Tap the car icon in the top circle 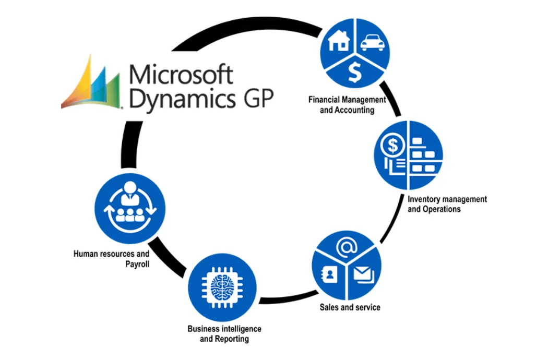(373, 42)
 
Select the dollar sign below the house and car (355, 73)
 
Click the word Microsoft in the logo (181, 75)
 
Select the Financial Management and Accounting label (347, 104)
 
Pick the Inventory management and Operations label (447, 204)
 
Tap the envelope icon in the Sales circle (363, 273)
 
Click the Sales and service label (350, 307)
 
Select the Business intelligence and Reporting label (224, 334)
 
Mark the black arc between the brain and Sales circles (284, 301)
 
